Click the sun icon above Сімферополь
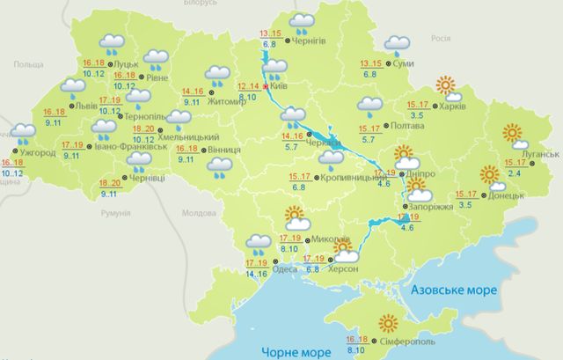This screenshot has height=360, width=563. (x=387, y=323)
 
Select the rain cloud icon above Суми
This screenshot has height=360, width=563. (x=397, y=44)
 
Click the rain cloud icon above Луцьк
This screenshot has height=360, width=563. (x=113, y=43)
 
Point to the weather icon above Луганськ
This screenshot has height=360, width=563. (x=513, y=136)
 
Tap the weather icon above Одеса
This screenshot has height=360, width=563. (x=258, y=242)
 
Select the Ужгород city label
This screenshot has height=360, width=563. (x=39, y=152)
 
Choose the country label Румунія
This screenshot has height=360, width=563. (x=115, y=214)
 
